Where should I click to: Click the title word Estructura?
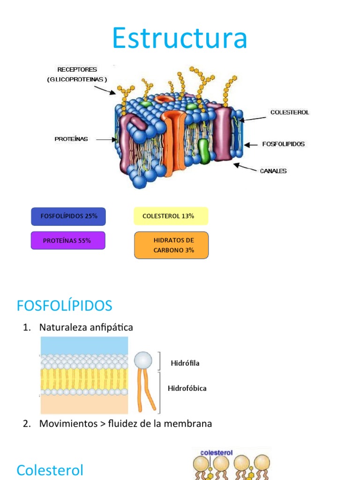(180, 38)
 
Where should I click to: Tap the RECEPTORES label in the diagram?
(77, 69)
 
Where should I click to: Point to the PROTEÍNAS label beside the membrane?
(71, 139)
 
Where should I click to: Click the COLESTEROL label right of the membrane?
(290, 112)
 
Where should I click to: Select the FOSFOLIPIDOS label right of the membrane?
(283, 144)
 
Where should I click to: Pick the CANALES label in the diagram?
(273, 171)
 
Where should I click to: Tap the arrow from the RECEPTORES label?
(105, 89)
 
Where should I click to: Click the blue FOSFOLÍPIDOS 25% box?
(68, 217)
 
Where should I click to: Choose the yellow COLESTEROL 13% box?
(171, 217)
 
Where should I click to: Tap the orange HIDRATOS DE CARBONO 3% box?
(172, 245)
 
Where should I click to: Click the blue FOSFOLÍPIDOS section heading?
(64, 306)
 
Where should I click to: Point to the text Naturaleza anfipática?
(86, 328)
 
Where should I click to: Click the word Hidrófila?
(185, 363)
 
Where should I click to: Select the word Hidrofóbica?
(187, 388)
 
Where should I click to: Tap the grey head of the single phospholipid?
(143, 360)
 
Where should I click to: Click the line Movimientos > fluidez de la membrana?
(125, 424)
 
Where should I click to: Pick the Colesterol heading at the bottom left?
(50, 470)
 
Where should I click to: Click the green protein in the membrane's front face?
(203, 150)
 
